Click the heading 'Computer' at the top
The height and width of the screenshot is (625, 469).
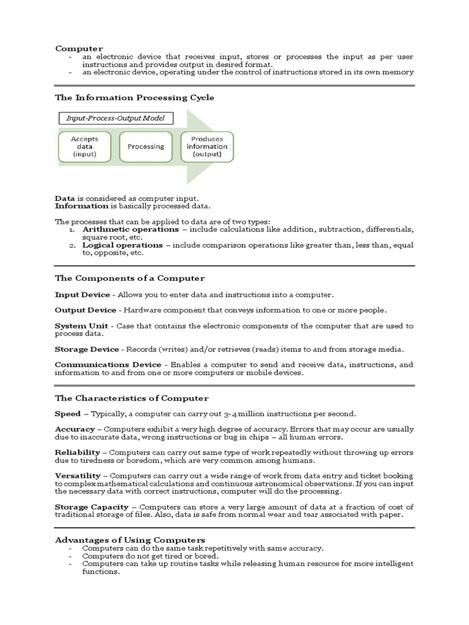pyautogui.click(x=79, y=48)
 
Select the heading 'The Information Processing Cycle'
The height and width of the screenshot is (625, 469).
pyautogui.click(x=134, y=97)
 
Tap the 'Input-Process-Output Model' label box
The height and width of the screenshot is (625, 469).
pyautogui.click(x=115, y=118)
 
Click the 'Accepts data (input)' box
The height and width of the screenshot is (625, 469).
pyautogui.click(x=84, y=146)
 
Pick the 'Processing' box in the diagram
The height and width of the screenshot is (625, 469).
pyautogui.click(x=145, y=146)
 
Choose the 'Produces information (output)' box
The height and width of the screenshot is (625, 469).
pyautogui.click(x=206, y=146)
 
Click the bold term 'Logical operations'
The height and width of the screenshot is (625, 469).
pyautogui.click(x=116, y=245)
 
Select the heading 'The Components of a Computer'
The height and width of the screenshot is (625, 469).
pyautogui.click(x=129, y=278)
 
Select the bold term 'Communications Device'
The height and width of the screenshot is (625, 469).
pyautogui.click(x=108, y=365)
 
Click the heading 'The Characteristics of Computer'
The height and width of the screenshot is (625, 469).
pyautogui.click(x=131, y=398)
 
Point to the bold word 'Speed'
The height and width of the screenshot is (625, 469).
pyautogui.click(x=68, y=414)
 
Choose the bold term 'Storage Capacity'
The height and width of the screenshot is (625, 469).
pyautogui.click(x=92, y=507)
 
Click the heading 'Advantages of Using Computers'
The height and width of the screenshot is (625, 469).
pyautogui.click(x=130, y=540)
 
